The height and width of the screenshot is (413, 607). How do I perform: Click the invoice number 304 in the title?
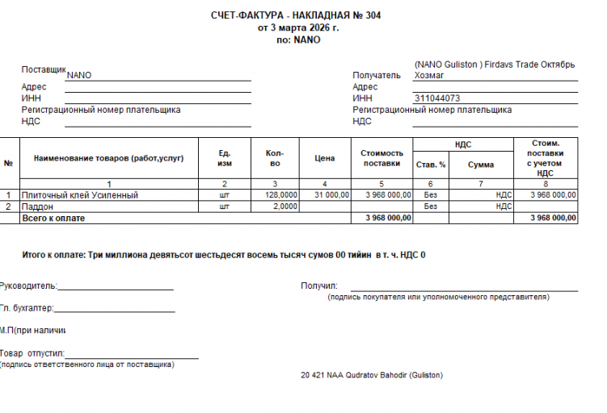coord(373,15)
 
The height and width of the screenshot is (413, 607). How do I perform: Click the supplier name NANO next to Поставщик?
coord(79,75)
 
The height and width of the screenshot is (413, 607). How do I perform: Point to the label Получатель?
coord(377,75)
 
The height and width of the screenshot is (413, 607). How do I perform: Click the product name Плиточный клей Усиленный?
coord(80,195)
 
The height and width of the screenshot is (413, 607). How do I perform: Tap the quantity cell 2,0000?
coord(285,206)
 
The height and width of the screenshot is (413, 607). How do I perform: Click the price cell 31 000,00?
coord(331,195)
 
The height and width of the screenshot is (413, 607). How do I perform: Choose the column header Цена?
coord(324,159)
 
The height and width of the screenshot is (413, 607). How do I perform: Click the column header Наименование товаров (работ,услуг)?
coord(108,159)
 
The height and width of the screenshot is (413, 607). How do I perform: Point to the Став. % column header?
coord(431,165)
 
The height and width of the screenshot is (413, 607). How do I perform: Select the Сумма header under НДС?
coord(481,165)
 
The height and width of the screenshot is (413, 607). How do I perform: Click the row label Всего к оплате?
coord(53,218)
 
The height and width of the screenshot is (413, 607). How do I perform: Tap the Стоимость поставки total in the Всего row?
coord(388,218)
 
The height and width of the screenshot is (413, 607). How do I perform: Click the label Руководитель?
coord(29,285)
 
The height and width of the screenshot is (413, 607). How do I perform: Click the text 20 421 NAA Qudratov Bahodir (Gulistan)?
coord(371,375)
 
